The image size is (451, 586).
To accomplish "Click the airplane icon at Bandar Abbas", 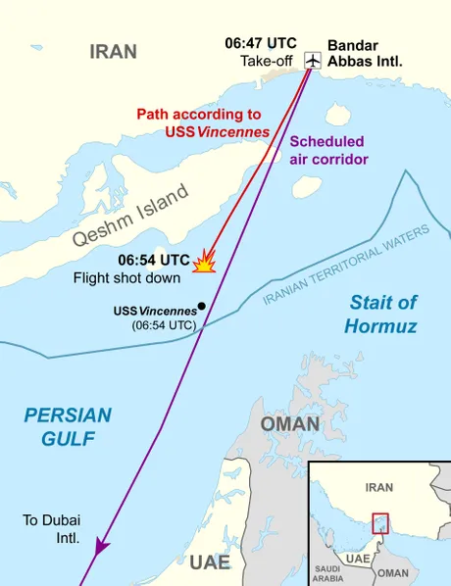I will point(313,61).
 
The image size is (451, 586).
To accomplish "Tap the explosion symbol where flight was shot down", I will point(205,262).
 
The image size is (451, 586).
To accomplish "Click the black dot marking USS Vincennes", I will point(201,305).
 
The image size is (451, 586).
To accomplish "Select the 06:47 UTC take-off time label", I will point(260,44).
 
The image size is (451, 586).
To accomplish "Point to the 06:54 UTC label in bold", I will point(154,261).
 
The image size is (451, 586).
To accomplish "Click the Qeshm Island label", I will point(129,218).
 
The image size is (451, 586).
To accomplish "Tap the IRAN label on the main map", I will point(114,52).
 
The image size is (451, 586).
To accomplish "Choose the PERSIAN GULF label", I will point(69,426).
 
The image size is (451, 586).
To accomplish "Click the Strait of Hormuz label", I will point(383,314).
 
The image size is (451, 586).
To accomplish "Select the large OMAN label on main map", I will point(290,424).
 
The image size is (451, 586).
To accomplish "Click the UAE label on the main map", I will point(210,562).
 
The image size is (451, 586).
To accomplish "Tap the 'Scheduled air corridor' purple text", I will point(328,149).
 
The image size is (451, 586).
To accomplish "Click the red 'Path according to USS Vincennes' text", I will point(204,122).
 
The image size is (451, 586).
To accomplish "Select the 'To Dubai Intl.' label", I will point(50,528).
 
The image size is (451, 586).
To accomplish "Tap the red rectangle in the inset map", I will point(379,523).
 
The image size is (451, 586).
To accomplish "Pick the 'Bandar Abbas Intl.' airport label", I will point(365,53).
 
